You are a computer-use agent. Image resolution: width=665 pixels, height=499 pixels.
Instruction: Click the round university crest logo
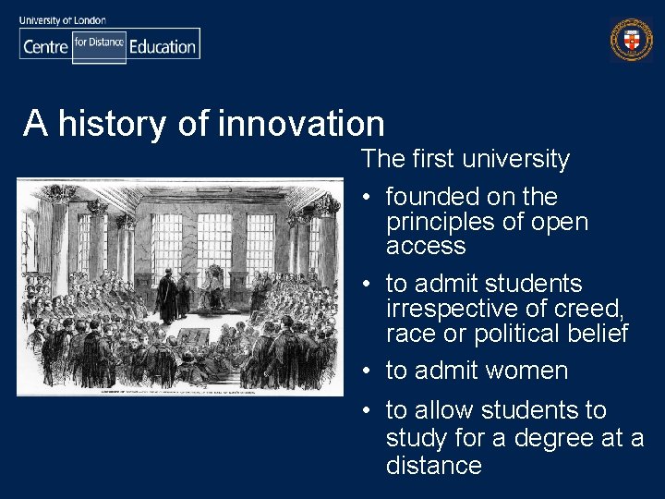(631, 39)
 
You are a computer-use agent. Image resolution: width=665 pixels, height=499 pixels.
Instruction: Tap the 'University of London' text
(61, 19)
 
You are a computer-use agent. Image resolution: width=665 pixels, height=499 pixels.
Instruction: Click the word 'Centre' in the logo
(45, 46)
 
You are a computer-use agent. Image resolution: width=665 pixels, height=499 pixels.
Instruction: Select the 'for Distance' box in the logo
(99, 43)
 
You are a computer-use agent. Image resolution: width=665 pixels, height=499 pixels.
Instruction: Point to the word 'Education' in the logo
(163, 46)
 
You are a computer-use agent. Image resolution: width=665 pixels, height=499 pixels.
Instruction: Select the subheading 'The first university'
(465, 159)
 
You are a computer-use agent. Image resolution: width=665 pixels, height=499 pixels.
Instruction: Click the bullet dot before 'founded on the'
(367, 198)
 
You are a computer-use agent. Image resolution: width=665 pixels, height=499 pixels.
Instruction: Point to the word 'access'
(426, 246)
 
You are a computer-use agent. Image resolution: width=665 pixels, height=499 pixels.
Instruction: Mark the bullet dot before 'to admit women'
(367, 371)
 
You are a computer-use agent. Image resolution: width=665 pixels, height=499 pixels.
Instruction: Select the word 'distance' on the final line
(434, 465)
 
